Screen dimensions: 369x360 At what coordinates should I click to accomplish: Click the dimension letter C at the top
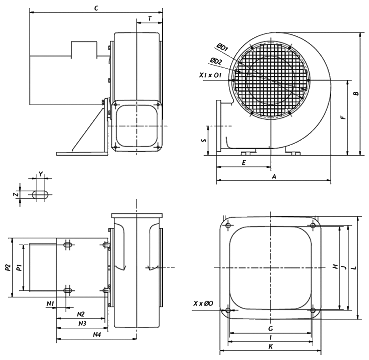point(96,8)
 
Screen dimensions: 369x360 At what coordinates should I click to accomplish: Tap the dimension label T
point(150,18)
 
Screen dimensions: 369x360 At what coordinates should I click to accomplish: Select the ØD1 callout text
point(222,47)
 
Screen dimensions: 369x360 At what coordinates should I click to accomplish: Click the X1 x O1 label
point(210,75)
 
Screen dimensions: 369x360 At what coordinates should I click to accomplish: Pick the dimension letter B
point(356,93)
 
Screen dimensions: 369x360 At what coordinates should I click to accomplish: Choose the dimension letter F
point(343,118)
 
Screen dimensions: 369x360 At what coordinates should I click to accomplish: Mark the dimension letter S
point(204,140)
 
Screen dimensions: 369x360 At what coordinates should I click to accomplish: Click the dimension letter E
point(244,163)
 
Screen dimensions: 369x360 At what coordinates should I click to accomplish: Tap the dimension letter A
point(274,177)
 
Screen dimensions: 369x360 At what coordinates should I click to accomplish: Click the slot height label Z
point(17,194)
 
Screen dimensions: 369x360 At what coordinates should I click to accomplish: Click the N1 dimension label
point(50,304)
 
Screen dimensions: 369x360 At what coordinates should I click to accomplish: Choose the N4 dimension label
point(97,334)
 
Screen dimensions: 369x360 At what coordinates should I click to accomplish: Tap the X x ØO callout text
point(203,303)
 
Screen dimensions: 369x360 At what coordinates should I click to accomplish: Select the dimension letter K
point(271,346)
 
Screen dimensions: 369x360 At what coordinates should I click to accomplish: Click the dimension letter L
point(354,268)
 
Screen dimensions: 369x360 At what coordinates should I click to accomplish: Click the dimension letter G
point(271,329)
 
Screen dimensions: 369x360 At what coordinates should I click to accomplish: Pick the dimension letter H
point(335,266)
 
